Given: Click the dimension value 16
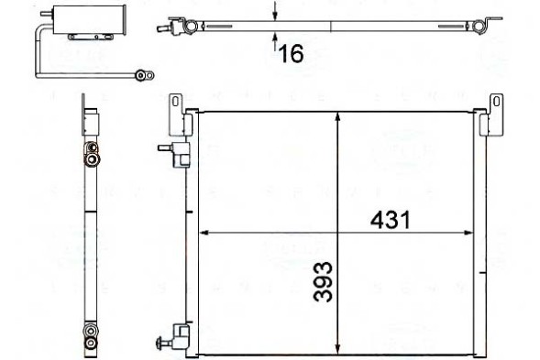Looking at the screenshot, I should pyautogui.click(x=291, y=54).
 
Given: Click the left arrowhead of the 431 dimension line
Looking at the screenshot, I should pyautogui.click(x=204, y=234).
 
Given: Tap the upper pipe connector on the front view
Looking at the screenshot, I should pyautogui.click(x=175, y=149).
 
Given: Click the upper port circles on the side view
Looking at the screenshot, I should pyautogui.click(x=92, y=154).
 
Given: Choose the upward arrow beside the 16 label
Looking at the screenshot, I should pyautogui.click(x=276, y=39).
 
